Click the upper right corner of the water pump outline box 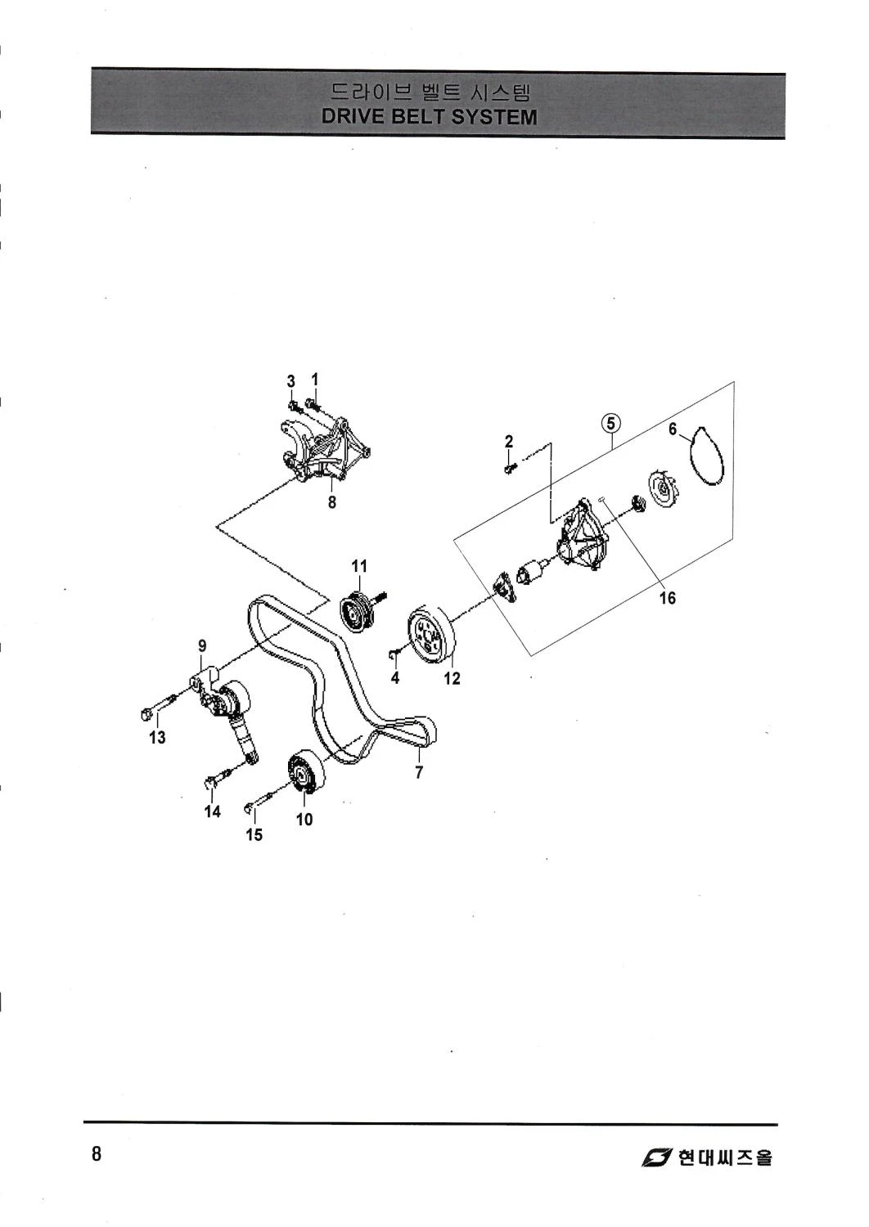click(x=734, y=381)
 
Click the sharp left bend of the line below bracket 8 click(x=216, y=525)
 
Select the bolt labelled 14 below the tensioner click(x=219, y=777)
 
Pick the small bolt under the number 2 click(x=511, y=469)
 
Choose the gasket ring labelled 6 click(x=707, y=456)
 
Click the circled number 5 click(x=611, y=423)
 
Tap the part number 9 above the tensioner click(x=202, y=646)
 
